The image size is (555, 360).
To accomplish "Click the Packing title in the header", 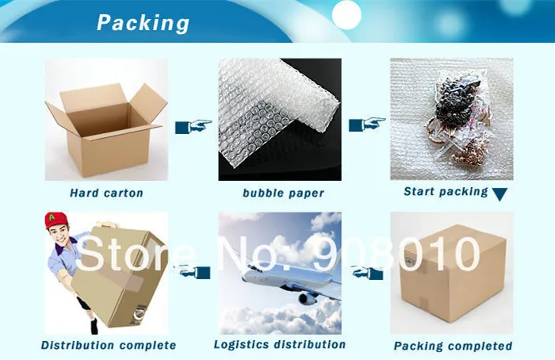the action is (x=143, y=22).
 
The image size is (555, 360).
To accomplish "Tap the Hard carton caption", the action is (x=106, y=193).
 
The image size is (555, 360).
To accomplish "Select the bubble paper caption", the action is (x=283, y=193).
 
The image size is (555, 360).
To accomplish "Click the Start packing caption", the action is (x=446, y=191).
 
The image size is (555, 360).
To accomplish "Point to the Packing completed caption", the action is (x=453, y=346).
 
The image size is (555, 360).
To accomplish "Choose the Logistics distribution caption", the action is (x=279, y=344).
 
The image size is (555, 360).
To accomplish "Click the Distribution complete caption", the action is (x=109, y=345).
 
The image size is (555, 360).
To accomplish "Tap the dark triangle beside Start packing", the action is (x=499, y=193).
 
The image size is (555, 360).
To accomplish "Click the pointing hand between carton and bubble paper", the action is (x=193, y=125).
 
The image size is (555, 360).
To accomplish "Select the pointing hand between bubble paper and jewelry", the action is (x=366, y=124).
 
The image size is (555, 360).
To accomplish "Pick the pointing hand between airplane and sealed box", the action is (x=367, y=273).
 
